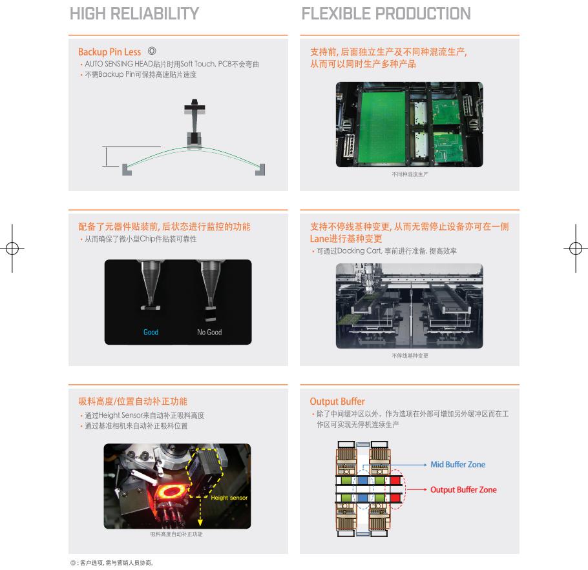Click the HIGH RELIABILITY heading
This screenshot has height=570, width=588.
[x=134, y=14]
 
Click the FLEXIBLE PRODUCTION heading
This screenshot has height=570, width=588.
[x=386, y=14]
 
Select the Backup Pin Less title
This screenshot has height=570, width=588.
[x=109, y=52]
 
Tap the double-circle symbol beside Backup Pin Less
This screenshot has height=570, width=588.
[x=152, y=50]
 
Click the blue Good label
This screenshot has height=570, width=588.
[x=151, y=332]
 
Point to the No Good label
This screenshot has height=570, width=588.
[x=209, y=332]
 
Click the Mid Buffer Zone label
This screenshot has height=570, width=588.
[x=458, y=464]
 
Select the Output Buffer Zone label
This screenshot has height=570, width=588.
[x=463, y=489]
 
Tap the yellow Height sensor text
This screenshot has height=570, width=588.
[x=229, y=498]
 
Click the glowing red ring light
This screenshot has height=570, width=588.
[x=171, y=491]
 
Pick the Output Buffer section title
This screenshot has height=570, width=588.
[x=337, y=402]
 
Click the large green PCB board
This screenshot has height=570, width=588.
[x=382, y=127]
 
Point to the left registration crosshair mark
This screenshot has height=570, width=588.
[x=12, y=248]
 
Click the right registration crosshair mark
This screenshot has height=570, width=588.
[x=576, y=248]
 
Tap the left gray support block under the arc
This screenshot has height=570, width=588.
[x=127, y=170]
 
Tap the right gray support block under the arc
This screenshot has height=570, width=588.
[x=260, y=170]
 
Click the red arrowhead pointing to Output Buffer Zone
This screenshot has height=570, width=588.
[x=425, y=489]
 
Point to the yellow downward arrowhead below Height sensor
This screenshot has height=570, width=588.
[x=200, y=522]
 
